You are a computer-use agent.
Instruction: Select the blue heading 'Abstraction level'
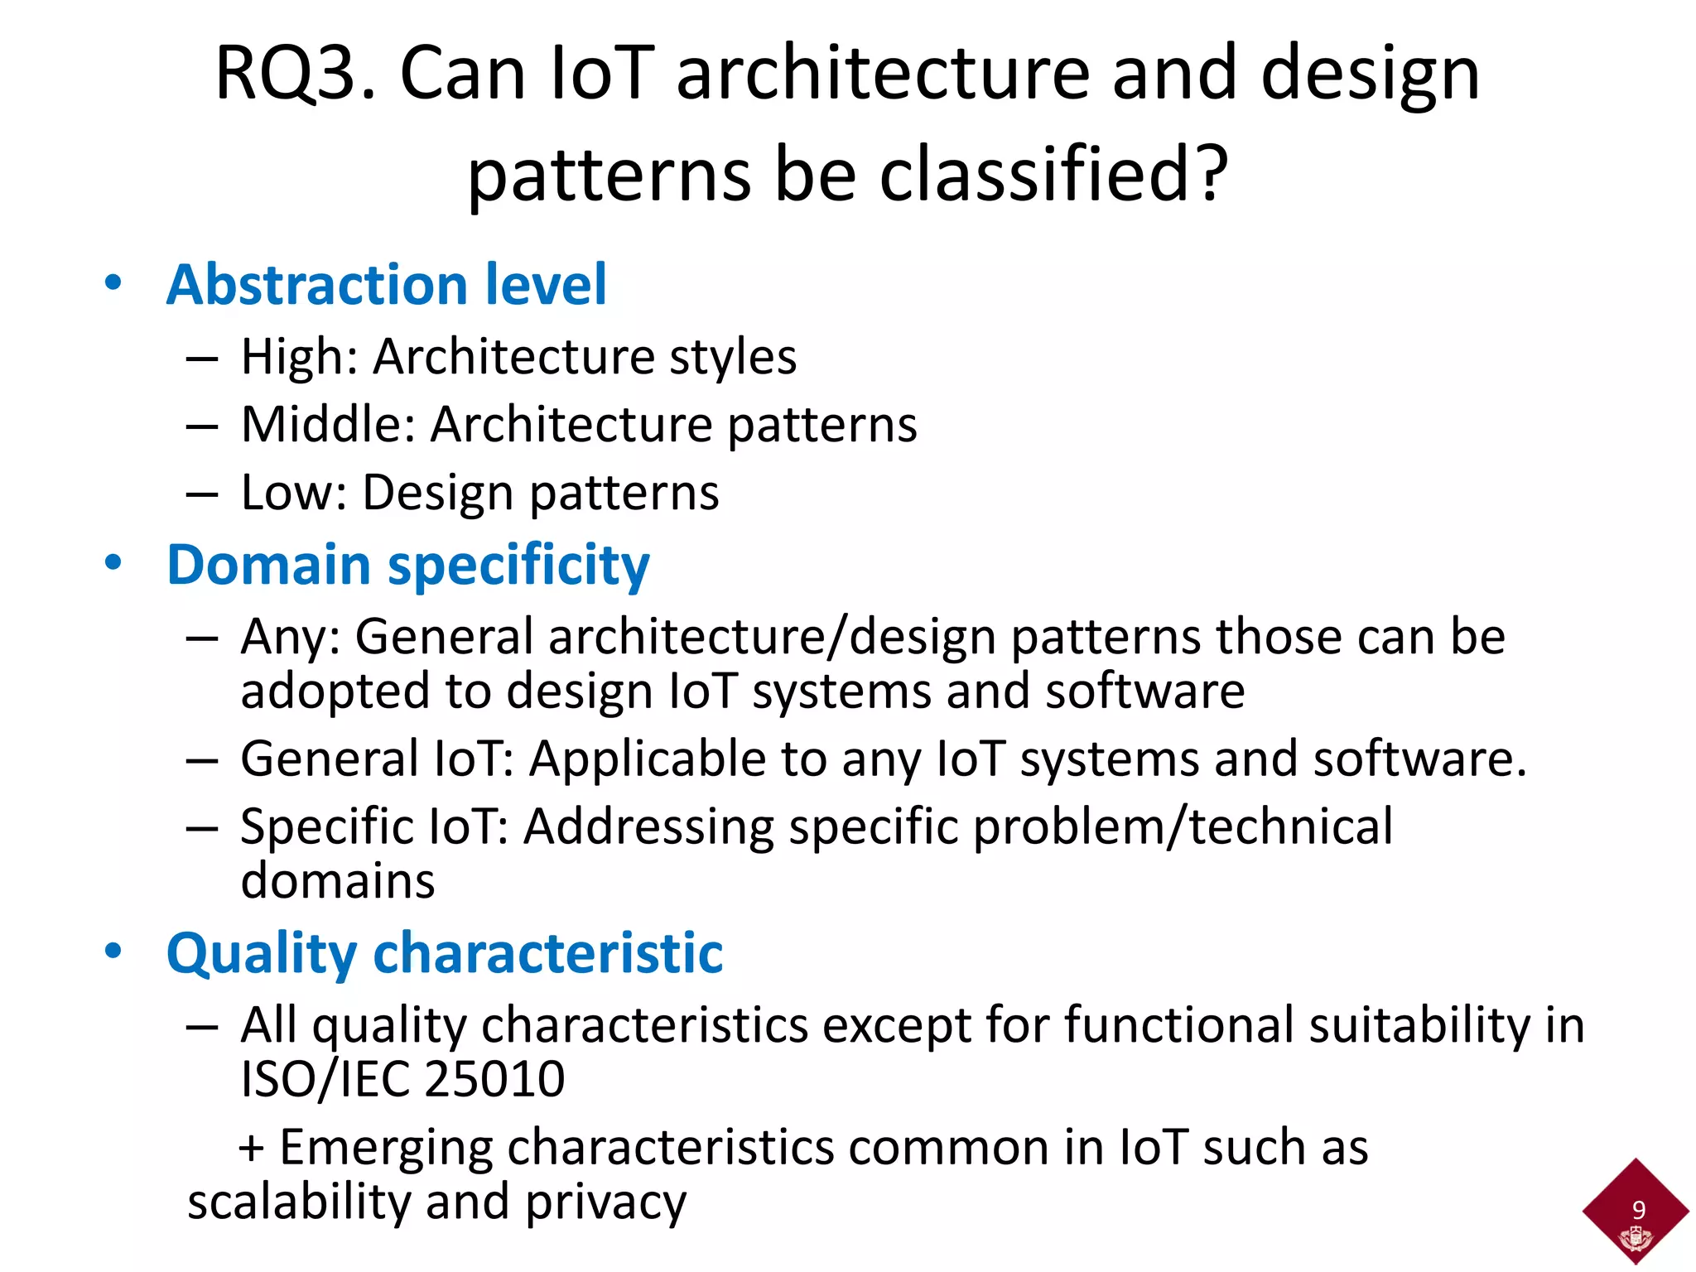coord(386,285)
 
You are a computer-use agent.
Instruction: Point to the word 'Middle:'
coord(328,426)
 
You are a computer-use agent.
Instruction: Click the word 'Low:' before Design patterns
coord(294,494)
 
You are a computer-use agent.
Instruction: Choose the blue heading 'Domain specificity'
coord(407,566)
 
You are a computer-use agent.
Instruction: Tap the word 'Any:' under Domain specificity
coord(291,638)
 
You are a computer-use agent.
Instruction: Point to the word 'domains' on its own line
coord(337,880)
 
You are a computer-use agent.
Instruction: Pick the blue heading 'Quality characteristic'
coord(444,954)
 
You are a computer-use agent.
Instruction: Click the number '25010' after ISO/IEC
coord(494,1079)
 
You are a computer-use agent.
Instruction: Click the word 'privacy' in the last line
coord(605,1202)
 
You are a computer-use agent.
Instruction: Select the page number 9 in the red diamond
coord(1638,1210)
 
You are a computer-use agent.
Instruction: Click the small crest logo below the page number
coord(1636,1239)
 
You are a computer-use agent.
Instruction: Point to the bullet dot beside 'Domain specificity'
coord(113,563)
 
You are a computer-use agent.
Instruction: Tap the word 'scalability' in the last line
coord(299,1202)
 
